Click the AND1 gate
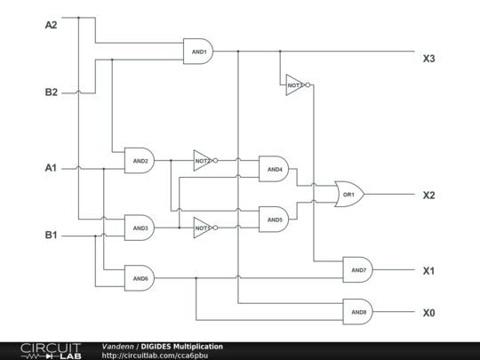click(197, 52)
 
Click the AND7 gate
click(358, 269)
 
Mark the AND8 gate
click(358, 312)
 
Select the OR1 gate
click(348, 194)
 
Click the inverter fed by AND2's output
click(204, 161)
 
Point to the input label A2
click(52, 24)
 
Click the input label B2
click(52, 92)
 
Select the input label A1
click(52, 167)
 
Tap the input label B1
click(52, 236)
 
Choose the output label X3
click(429, 59)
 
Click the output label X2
click(429, 195)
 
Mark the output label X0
click(429, 313)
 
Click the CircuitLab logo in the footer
click(51, 350)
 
